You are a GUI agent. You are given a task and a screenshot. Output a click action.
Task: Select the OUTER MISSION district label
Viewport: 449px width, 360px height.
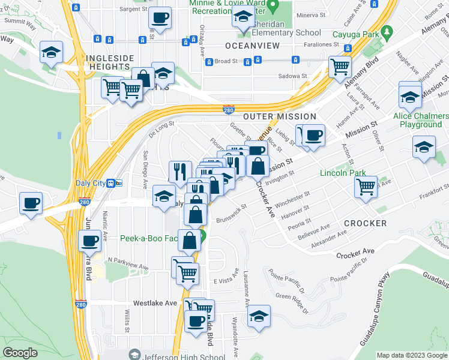tap(279, 116)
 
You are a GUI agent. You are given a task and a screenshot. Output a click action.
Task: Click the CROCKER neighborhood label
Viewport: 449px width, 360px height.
tap(365, 223)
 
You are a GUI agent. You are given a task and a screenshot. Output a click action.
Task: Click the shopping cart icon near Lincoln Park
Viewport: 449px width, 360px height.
tap(365, 187)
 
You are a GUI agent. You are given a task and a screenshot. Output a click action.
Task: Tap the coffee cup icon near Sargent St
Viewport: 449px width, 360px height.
tap(160, 17)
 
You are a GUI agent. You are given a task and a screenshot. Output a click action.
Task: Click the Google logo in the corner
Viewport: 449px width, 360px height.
tap(20, 353)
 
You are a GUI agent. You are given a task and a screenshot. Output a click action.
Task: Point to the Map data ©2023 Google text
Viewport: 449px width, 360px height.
tap(411, 355)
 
